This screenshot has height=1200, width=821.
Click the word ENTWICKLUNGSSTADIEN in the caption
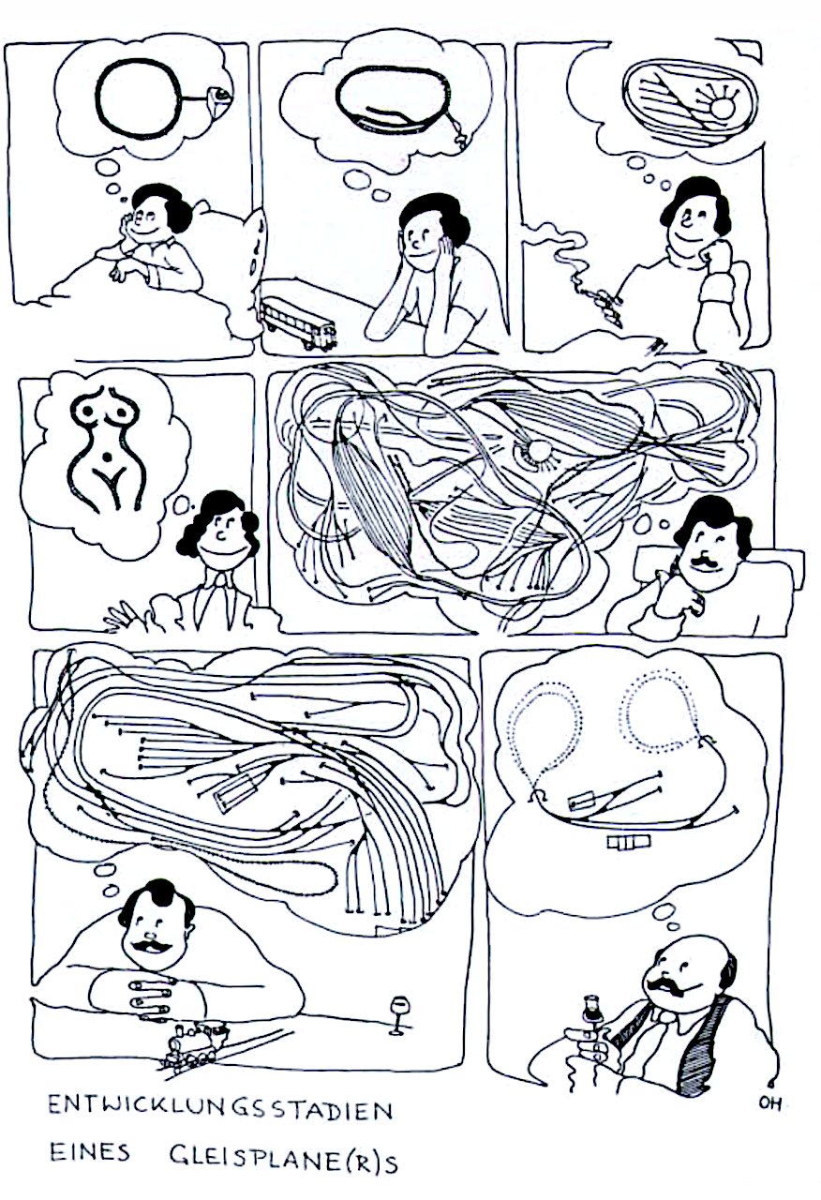tap(220, 1108)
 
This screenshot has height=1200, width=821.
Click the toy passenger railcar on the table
tap(298, 323)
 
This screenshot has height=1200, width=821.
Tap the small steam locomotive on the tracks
tap(196, 1041)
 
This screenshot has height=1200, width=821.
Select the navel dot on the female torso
tap(108, 457)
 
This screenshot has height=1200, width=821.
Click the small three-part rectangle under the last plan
tap(629, 842)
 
